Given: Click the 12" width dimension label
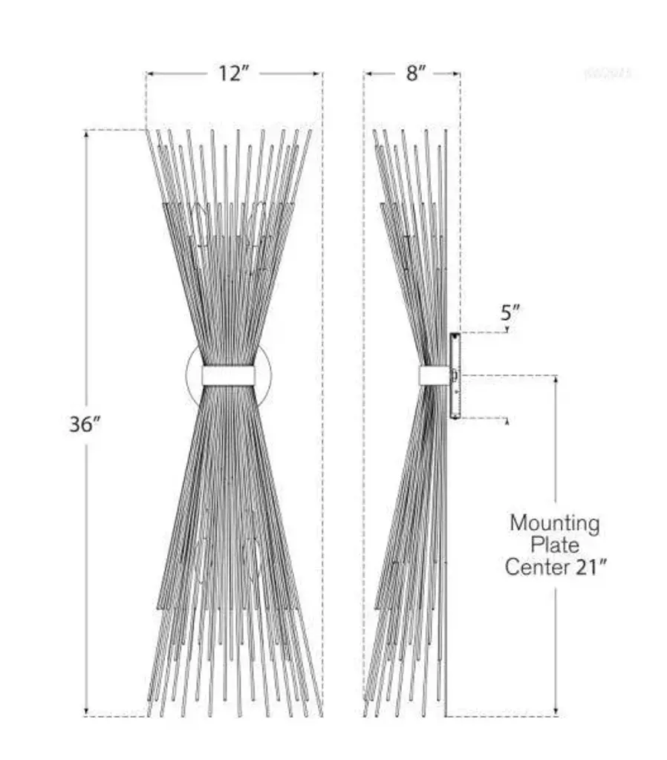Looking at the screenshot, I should [x=233, y=74].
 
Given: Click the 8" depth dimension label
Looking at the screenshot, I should [x=417, y=74].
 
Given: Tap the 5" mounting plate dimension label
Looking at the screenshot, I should [x=509, y=312].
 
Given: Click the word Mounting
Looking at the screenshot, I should [x=554, y=523].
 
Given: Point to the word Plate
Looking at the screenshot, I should [x=555, y=546].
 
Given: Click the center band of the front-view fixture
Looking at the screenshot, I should [x=228, y=376].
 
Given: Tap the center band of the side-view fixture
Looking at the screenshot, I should [x=434, y=376].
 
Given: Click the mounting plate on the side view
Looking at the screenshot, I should [x=455, y=376].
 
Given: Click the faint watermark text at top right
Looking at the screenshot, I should [x=608, y=73].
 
